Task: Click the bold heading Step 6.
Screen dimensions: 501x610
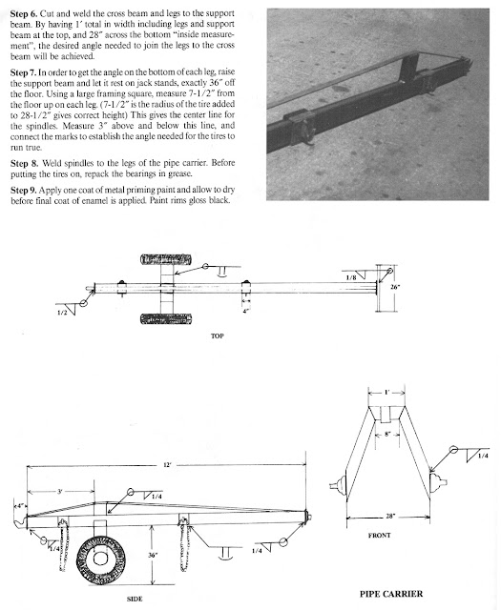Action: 24,14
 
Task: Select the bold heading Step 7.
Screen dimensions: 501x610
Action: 24,72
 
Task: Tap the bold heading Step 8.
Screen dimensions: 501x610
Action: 24,163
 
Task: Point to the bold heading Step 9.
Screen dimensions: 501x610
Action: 24,191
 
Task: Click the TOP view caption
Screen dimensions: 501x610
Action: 217,336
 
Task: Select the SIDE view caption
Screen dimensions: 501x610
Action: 135,599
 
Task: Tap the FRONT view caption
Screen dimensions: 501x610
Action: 379,536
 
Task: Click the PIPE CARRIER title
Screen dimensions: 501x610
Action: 390,594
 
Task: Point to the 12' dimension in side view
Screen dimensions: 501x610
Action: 167,465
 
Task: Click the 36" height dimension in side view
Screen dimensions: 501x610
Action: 153,555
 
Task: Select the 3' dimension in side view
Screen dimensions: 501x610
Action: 59,492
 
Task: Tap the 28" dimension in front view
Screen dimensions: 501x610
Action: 390,517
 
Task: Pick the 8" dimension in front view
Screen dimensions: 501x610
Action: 387,434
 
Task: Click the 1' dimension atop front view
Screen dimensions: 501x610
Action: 386,392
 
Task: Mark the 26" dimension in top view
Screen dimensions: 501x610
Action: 395,287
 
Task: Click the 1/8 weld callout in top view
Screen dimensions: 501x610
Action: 351,277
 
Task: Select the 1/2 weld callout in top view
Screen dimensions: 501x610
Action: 62,313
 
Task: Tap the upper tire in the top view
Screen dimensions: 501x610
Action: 166,259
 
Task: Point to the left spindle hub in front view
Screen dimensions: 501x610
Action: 339,485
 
